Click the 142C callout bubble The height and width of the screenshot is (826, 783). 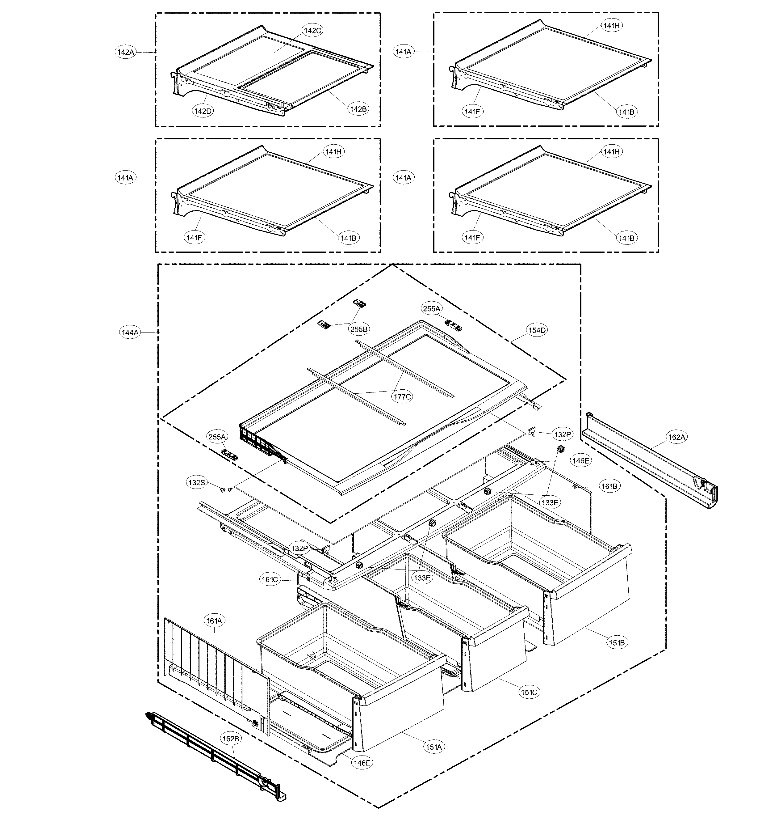(x=313, y=31)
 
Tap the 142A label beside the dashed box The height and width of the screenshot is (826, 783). (x=125, y=52)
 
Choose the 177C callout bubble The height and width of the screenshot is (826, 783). (x=402, y=396)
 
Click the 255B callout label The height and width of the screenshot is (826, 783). (x=359, y=329)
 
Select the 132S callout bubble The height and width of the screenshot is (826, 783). (x=197, y=483)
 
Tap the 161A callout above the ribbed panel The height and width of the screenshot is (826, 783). (x=214, y=621)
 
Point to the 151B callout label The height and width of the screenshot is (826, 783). (x=617, y=643)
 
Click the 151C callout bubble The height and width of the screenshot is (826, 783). (x=529, y=692)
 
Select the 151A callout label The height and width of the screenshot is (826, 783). (x=434, y=747)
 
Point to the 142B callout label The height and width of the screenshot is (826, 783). (x=358, y=109)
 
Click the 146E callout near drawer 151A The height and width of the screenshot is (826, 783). (x=362, y=763)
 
